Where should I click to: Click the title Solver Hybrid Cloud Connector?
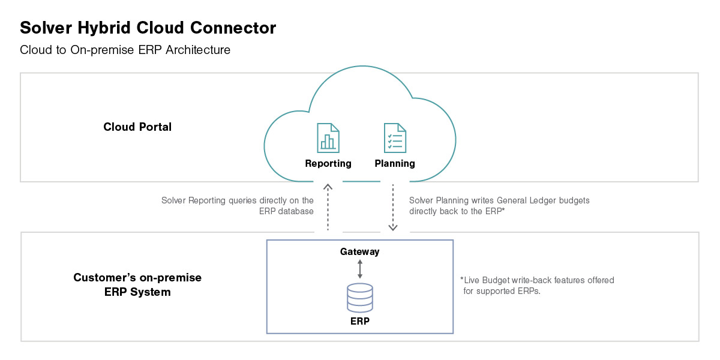148,28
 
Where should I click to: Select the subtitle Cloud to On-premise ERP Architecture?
125,50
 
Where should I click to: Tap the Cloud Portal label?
137,127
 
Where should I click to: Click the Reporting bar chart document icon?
328,138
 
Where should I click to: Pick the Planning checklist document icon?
395,138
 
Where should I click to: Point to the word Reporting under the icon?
328,163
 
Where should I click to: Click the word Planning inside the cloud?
395,163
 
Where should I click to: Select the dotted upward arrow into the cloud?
328,207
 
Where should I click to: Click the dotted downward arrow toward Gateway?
393,207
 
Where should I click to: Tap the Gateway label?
360,251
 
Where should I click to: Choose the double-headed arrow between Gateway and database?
360,268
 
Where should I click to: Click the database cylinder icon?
360,298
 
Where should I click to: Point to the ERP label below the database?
360,322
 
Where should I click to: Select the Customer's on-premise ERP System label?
137,285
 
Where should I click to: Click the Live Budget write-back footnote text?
537,286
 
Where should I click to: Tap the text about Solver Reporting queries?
238,206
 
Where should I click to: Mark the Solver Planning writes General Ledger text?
499,206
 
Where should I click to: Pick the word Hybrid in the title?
110,28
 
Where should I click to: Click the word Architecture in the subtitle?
198,50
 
